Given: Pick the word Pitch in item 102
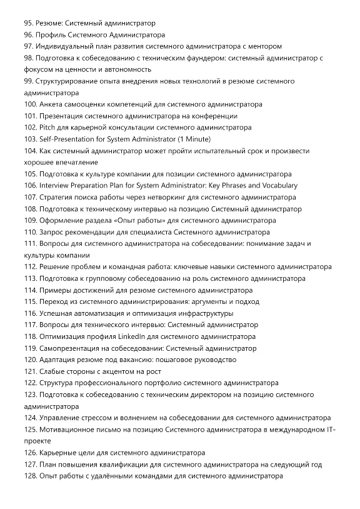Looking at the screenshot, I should (49, 128).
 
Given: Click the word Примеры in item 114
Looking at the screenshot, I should (57, 290).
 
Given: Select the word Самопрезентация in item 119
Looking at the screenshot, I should (75, 348).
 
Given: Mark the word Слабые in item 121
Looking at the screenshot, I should (54, 371).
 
